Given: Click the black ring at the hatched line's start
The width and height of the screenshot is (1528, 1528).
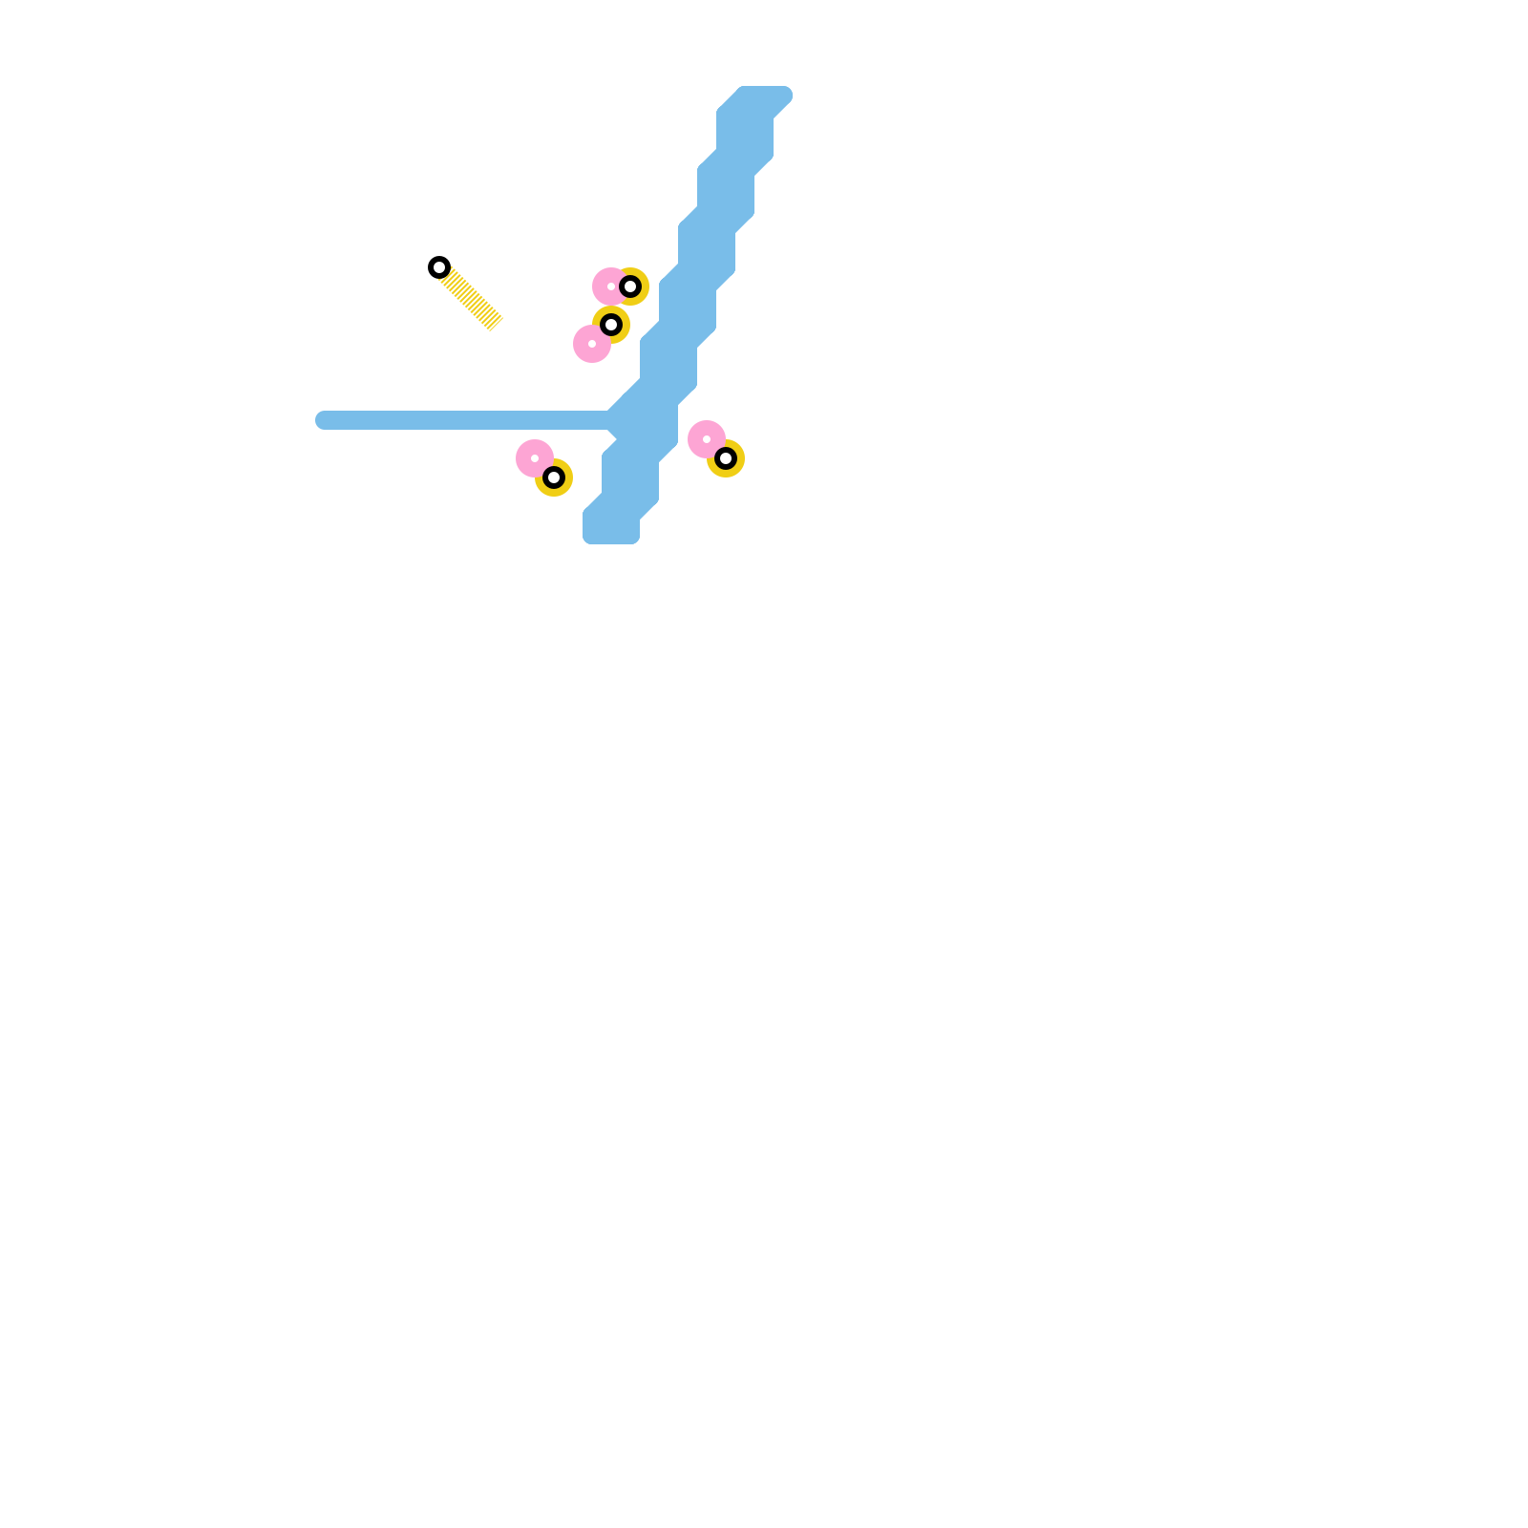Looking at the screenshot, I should coord(439,267).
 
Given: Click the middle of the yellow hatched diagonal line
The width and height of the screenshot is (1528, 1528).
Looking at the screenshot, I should coord(468,296).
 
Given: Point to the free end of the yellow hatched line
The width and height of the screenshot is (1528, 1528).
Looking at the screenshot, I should coord(496,324).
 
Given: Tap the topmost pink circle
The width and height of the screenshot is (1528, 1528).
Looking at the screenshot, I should coord(609,286).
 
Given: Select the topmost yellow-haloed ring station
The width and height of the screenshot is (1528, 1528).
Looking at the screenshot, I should coord(630,286).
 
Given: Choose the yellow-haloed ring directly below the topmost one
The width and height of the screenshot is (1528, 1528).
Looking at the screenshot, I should coord(611,325).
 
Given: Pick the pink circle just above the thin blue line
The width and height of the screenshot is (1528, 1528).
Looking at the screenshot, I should coord(592,344).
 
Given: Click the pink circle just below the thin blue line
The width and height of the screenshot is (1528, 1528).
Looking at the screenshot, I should coord(535,458).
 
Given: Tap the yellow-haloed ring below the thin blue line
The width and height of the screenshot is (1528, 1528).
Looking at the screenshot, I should coord(554,477).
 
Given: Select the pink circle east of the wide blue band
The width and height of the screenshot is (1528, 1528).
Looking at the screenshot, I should coord(707,439).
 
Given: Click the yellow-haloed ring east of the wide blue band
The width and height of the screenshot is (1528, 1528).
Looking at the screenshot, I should coord(726,458).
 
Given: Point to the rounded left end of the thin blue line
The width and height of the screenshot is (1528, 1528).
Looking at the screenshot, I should coord(323,420).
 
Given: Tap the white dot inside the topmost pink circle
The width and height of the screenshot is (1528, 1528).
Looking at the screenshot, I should coord(611,286).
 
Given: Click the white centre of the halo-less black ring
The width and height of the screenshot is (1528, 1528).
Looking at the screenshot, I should coord(439,267).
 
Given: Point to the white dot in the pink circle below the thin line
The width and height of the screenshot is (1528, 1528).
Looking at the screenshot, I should coord(535,458).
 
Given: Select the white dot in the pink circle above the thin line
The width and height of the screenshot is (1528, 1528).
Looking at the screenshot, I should coord(592,344).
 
